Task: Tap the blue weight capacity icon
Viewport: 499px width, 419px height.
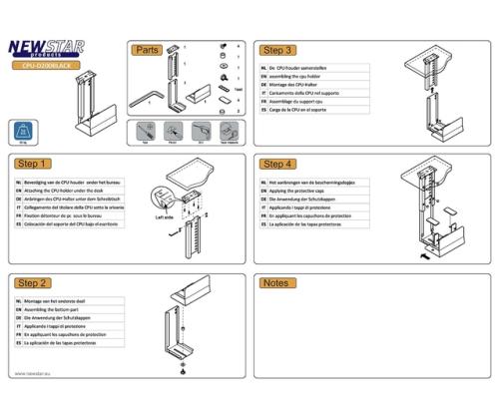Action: [x=23, y=131]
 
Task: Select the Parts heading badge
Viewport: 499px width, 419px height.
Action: [x=148, y=50]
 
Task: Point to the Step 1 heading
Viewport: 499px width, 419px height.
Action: [x=34, y=164]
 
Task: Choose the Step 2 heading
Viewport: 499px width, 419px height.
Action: [x=34, y=284]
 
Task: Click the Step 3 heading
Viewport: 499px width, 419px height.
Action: [x=276, y=50]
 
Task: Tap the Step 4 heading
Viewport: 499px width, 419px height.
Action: [x=276, y=164]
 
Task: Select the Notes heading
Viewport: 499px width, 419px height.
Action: [x=274, y=284]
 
